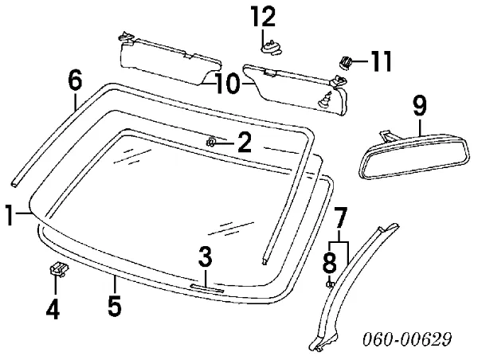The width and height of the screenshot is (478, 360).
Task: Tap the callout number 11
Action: pyautogui.click(x=379, y=60)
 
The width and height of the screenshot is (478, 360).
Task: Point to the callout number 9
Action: pyautogui.click(x=420, y=104)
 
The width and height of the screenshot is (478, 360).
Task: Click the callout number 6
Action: pyautogui.click(x=75, y=80)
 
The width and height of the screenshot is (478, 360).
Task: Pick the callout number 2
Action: pyautogui.click(x=245, y=143)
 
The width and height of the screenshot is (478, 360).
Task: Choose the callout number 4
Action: pyautogui.click(x=52, y=307)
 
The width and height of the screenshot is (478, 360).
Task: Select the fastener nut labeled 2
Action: pyautogui.click(x=212, y=142)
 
